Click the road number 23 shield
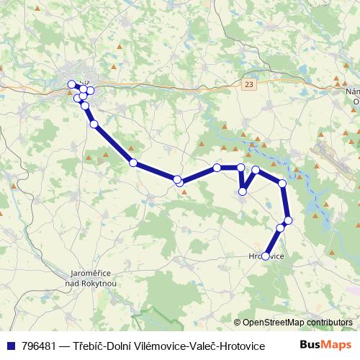pyautogui.click(x=249, y=84)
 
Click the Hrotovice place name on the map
pyautogui.click(x=266, y=256)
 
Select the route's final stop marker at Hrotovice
pyautogui.click(x=266, y=256)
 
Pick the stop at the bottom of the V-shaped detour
pyautogui.click(x=243, y=192)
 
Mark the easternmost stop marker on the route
pyautogui.click(x=288, y=220)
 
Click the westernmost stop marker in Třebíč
pyautogui.click(x=71, y=84)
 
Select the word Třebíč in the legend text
pyautogui.click(x=91, y=346)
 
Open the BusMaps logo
pyautogui.click(x=325, y=345)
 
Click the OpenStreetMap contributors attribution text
pyautogui.click(x=297, y=323)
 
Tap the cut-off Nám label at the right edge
pyautogui.click(x=352, y=92)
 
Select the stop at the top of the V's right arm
pyautogui.click(x=256, y=170)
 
